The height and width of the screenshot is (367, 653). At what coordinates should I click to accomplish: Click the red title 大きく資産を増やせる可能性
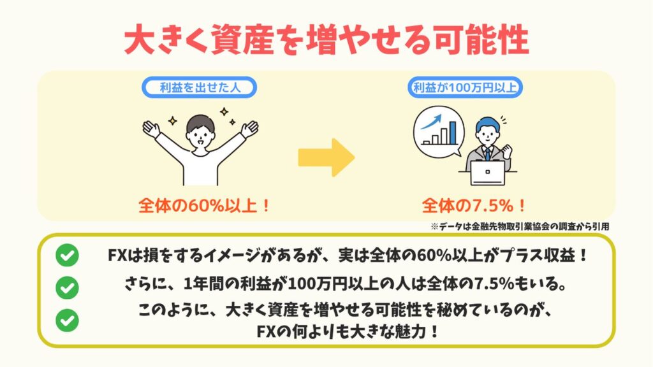(x=326, y=40)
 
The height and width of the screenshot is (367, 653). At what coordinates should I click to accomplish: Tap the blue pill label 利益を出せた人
(x=199, y=87)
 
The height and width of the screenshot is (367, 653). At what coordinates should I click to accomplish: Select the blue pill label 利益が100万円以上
(x=465, y=87)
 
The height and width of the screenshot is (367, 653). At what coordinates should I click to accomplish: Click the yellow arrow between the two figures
(x=326, y=158)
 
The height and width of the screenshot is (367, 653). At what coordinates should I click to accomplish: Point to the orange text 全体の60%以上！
(x=204, y=205)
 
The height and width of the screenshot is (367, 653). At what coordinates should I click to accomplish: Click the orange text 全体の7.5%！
(x=474, y=205)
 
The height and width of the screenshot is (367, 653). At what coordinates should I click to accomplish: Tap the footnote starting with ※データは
(x=520, y=226)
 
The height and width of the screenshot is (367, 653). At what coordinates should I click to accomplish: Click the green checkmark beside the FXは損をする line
(x=67, y=255)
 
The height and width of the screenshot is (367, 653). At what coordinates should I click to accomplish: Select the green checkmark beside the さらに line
(x=67, y=287)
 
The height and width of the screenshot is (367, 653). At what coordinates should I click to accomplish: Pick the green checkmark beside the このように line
(x=67, y=320)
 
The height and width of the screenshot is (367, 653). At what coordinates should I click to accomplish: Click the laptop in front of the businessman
(x=488, y=173)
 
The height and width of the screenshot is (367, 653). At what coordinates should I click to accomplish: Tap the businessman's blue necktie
(x=487, y=154)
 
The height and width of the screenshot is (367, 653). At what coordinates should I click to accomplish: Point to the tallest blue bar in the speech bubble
(x=452, y=133)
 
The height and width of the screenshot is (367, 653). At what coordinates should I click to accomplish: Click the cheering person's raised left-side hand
(x=150, y=127)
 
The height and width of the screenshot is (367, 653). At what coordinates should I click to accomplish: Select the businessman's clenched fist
(x=506, y=150)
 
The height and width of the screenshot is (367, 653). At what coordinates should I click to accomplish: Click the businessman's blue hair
(x=487, y=124)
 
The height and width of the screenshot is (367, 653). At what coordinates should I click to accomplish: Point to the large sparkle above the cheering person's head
(x=224, y=112)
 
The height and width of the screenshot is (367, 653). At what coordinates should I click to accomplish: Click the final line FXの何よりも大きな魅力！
(x=347, y=331)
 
